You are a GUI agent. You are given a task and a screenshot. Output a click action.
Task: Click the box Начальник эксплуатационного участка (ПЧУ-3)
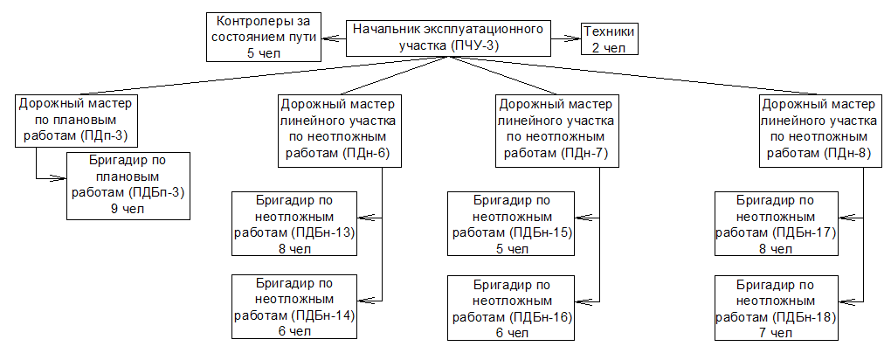[451, 37]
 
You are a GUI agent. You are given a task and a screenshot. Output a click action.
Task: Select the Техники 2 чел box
[609, 38]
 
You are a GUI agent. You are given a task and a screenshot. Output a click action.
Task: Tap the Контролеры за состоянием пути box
[263, 37]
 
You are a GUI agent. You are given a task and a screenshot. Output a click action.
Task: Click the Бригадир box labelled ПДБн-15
[512, 224]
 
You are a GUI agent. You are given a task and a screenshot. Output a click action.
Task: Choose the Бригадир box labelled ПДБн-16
[512, 307]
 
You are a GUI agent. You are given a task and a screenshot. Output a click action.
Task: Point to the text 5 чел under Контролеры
[263, 52]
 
